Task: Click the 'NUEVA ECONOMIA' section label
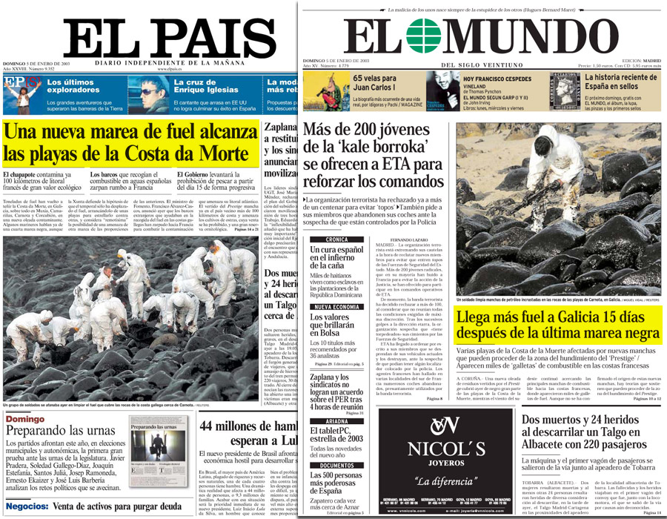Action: coord(335,306)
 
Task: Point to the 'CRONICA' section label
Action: coord(336,239)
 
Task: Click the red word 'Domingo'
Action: coord(24,420)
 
